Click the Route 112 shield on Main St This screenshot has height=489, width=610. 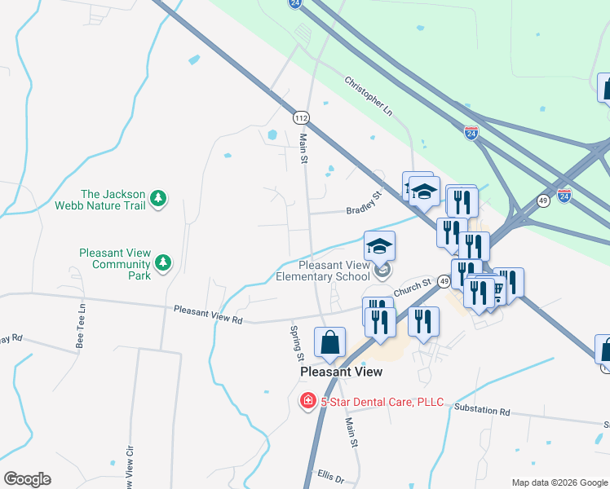[302, 118]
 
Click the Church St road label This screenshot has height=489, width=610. [413, 289]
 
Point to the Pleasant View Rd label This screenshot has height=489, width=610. [209, 315]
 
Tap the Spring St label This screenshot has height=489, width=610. [298, 343]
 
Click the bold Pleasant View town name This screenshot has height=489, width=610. [341, 372]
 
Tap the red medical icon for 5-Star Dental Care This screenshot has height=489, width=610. [308, 401]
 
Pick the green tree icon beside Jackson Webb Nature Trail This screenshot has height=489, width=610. [158, 198]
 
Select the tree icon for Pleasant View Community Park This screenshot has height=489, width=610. [164, 262]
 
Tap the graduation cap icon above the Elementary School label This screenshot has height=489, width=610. [379, 245]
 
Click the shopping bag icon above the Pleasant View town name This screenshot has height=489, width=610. [329, 343]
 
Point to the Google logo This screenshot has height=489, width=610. [27, 479]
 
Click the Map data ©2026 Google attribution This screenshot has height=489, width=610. [559, 482]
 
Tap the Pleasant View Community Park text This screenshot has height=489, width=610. [115, 264]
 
